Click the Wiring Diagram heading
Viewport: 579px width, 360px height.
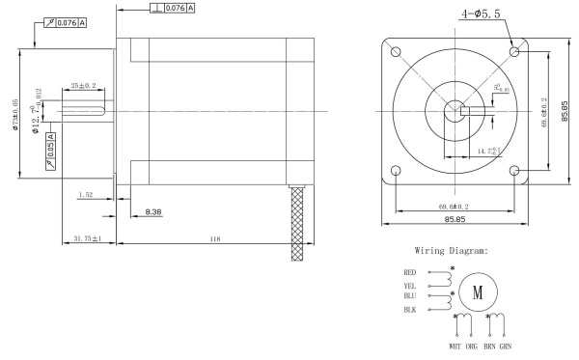click(x=453, y=252)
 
